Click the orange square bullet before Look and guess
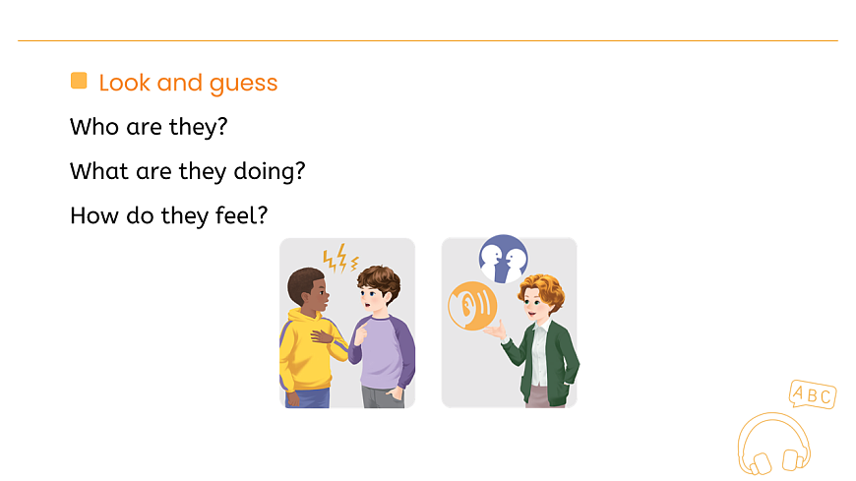coord(79,81)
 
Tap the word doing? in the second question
coord(269,171)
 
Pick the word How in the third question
coord(92,214)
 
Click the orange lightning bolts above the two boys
coord(340,259)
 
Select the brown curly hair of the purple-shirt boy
coord(379,281)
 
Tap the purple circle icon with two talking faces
coord(503,260)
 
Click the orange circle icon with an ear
coord(471,305)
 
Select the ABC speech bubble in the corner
coord(812,395)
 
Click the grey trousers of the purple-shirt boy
coord(381,396)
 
